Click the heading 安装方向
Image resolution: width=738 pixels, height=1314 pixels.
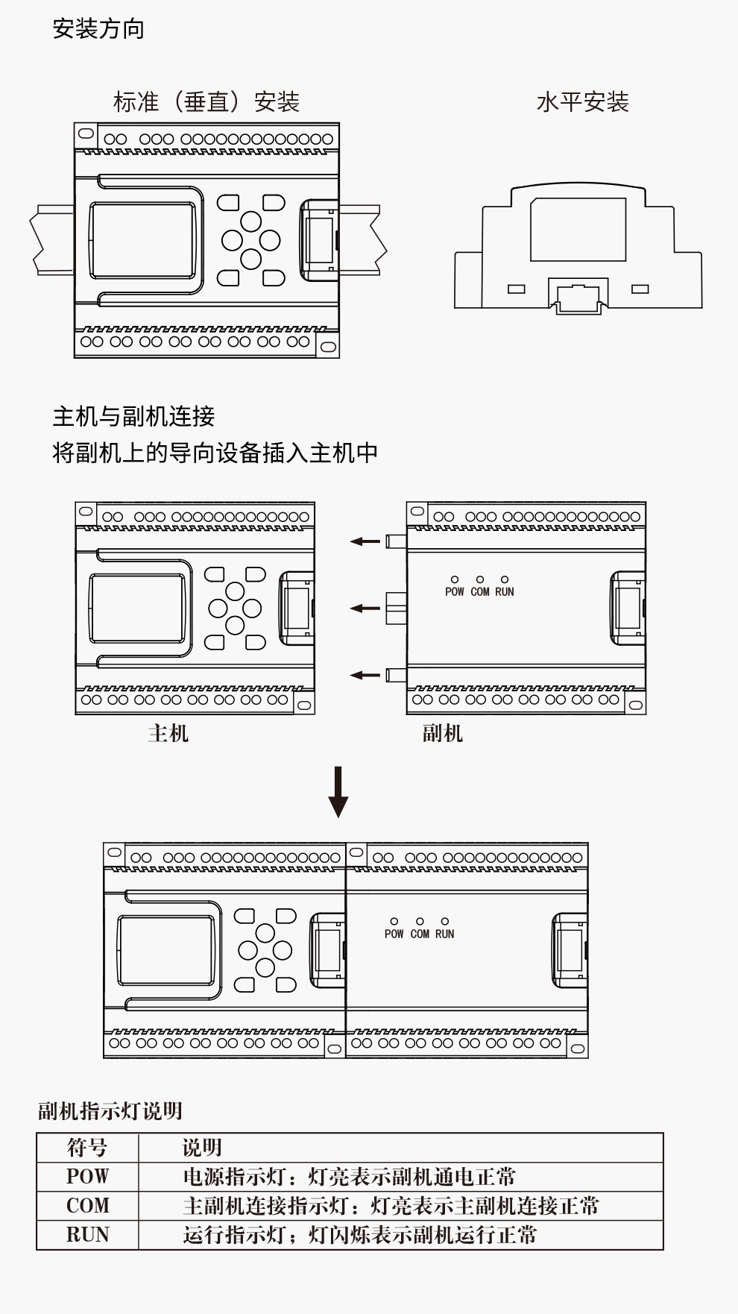(x=98, y=29)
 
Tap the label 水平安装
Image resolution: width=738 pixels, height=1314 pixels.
(x=582, y=102)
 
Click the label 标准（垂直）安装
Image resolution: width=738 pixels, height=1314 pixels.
(x=206, y=102)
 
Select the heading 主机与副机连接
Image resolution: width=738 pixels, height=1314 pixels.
(x=133, y=416)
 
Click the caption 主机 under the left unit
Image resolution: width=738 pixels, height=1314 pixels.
(x=168, y=733)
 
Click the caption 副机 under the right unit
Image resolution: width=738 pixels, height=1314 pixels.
(x=442, y=733)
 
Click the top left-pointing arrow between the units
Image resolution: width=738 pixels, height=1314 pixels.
(x=365, y=541)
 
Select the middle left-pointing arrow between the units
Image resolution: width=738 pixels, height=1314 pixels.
(x=365, y=609)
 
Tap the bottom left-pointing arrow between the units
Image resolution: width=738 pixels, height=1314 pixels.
(x=365, y=676)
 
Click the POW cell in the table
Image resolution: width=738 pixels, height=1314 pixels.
(x=87, y=1177)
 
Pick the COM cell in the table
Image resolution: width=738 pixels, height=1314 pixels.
(x=87, y=1206)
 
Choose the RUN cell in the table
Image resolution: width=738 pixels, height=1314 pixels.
(x=87, y=1235)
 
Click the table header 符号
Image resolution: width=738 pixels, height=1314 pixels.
(x=87, y=1148)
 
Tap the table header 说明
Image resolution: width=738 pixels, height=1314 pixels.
(x=202, y=1148)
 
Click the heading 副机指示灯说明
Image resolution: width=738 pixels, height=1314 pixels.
(x=110, y=1111)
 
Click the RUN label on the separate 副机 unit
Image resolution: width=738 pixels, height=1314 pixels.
(x=505, y=592)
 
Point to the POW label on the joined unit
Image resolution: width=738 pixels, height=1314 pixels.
(x=394, y=934)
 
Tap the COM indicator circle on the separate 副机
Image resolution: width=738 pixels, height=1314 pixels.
(x=480, y=579)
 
